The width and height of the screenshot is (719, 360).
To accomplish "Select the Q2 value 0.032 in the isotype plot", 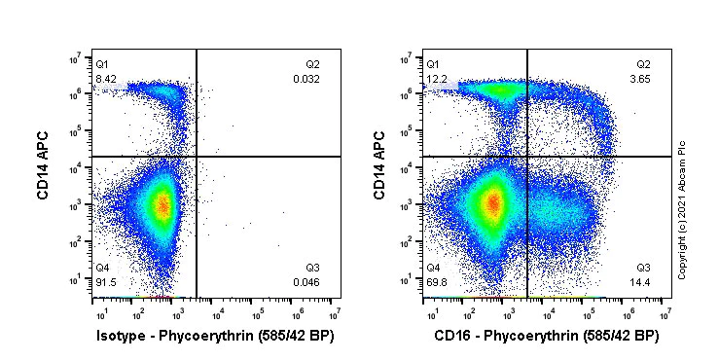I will tap(306, 78).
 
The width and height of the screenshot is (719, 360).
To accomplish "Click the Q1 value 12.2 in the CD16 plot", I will tap(437, 78).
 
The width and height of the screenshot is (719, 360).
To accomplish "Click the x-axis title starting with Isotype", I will tap(217, 336).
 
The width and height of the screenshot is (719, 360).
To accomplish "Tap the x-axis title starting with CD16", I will tap(548, 336).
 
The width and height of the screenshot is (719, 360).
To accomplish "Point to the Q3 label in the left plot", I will tap(312, 268).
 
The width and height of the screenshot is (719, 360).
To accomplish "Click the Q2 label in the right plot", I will tap(643, 64).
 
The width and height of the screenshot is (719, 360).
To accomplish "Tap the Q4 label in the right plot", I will tap(433, 268).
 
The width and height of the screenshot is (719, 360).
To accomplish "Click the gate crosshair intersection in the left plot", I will tap(197, 157).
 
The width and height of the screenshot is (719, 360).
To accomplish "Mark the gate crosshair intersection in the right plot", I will tap(527, 157).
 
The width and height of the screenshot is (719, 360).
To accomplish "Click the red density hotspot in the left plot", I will tap(163, 205).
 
